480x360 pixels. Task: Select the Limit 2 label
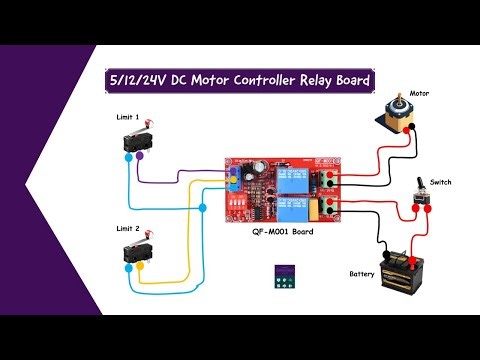pos(127,227)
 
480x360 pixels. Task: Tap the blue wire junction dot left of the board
pos(204,208)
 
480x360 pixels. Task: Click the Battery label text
pos(361,273)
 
